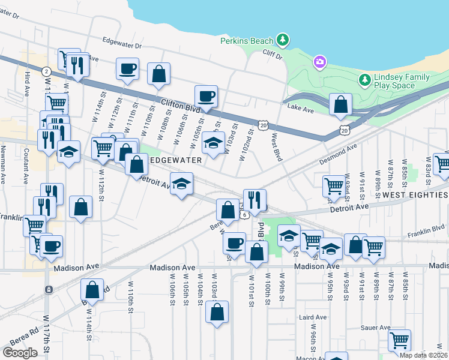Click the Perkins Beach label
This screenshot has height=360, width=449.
(247, 41)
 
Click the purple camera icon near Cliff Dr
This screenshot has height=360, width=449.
(319, 61)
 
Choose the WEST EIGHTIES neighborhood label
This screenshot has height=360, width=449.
(415, 195)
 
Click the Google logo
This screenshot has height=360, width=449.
(20, 352)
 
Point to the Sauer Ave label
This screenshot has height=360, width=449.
(376, 328)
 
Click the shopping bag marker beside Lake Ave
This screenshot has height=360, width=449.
(340, 104)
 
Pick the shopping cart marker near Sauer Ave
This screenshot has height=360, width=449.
(399, 340)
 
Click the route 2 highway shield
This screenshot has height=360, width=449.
(46, 71)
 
